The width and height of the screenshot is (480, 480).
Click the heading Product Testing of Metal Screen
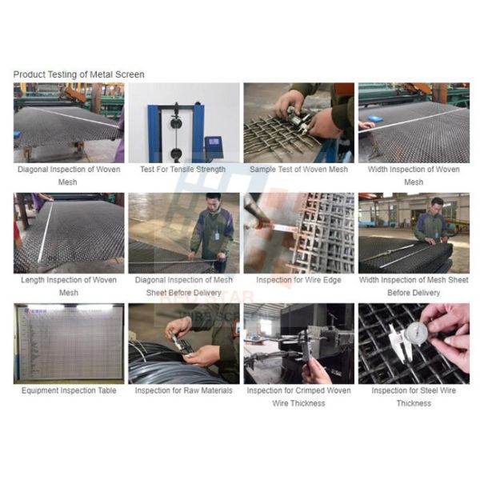tap(78, 74)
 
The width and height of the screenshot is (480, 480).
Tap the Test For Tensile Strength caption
tap(182, 170)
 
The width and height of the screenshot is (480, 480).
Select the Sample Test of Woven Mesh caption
tap(298, 170)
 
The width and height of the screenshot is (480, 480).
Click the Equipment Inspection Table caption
tap(68, 390)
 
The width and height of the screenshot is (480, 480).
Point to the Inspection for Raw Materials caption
tap(183, 390)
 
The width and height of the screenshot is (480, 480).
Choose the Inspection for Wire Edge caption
tap(298, 280)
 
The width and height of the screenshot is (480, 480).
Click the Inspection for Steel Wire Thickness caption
tap(414, 397)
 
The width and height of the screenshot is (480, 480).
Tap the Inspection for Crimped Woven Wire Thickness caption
tap(298, 397)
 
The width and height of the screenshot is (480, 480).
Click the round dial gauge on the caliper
tap(414, 334)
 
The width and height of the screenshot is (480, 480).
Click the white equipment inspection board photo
tap(68, 343)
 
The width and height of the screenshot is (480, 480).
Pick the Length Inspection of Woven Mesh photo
tap(68, 233)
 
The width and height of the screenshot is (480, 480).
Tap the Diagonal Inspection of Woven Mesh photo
tap(68, 122)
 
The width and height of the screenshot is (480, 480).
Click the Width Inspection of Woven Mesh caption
tap(414, 175)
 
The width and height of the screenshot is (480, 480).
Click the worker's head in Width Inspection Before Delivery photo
tap(437, 203)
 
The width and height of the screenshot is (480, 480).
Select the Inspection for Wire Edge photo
tap(298, 233)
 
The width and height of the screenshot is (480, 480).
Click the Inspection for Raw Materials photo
tap(183, 343)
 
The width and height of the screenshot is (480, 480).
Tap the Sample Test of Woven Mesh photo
tap(298, 122)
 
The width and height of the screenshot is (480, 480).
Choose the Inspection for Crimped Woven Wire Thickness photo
tap(298, 343)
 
